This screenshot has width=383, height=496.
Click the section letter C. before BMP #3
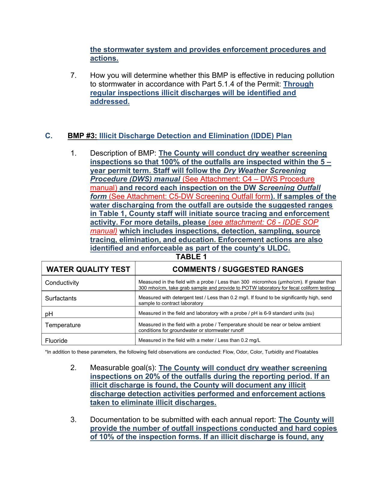(x=49, y=136)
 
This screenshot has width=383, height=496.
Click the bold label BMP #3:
(x=82, y=136)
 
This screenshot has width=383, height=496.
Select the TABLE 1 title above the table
(x=191, y=257)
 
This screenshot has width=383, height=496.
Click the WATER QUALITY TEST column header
(x=88, y=269)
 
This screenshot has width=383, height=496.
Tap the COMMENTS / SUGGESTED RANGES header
(x=238, y=269)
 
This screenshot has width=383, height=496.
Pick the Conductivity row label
(x=62, y=283)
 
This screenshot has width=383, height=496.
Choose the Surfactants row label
(x=61, y=298)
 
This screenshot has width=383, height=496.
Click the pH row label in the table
(x=49, y=314)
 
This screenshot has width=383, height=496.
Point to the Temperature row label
(x=63, y=325)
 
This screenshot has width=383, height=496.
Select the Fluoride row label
(x=56, y=341)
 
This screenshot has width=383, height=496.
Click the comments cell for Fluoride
(x=199, y=340)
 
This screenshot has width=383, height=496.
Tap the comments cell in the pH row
(x=226, y=313)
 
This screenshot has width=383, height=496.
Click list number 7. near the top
(x=74, y=75)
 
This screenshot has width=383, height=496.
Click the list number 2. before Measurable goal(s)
(x=74, y=368)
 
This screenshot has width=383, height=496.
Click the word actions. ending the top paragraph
(x=104, y=58)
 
